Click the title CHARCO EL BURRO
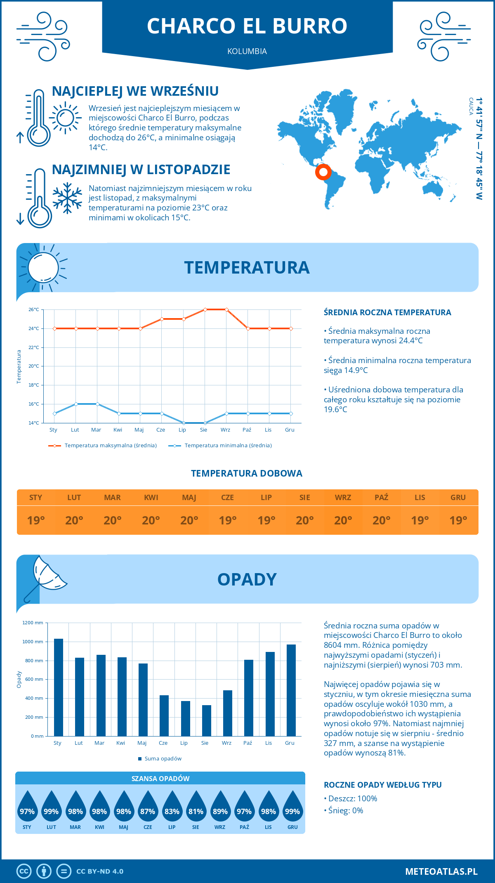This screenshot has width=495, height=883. [247, 26]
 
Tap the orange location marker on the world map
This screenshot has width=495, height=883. [323, 172]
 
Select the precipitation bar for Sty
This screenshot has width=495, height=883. [59, 687]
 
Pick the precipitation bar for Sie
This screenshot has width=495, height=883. [207, 720]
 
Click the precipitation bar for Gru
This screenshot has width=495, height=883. [291, 690]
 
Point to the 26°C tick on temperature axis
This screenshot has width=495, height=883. [34, 309]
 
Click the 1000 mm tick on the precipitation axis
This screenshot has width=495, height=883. [33, 642]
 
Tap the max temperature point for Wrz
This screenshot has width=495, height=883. [226, 309]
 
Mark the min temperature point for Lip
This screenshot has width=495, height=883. [184, 423]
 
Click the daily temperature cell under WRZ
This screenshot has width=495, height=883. [343, 520]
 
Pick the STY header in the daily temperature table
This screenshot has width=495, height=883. [36, 498]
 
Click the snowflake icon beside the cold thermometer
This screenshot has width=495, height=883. [67, 198]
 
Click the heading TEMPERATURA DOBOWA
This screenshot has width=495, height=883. [247, 473]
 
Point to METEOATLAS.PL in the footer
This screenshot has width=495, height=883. [441, 871]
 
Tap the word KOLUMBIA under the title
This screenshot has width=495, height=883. [247, 51]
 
